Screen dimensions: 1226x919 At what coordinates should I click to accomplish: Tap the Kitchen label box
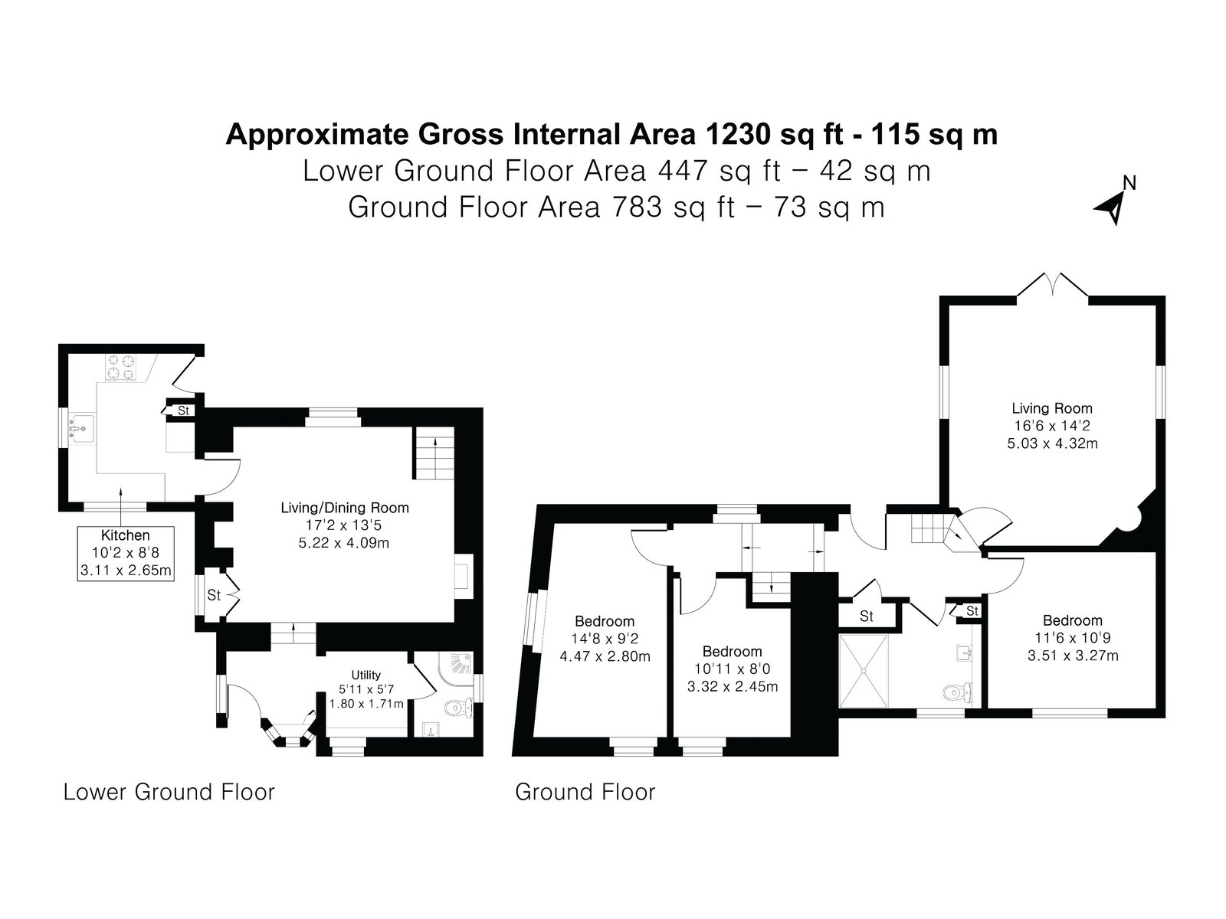[x=126, y=553]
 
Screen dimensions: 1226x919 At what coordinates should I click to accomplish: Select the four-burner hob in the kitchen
[x=120, y=367]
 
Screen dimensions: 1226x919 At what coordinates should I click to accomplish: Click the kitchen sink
[x=81, y=429]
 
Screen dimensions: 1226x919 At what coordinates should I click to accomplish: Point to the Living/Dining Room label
[x=345, y=508]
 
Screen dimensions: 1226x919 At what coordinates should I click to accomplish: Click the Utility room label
[x=366, y=675]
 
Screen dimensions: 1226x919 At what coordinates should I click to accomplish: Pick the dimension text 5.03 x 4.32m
[x=1052, y=443]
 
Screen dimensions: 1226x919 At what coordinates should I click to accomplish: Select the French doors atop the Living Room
[x=1052, y=285]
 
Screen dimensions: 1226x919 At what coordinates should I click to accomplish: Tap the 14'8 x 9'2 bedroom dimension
[x=605, y=639]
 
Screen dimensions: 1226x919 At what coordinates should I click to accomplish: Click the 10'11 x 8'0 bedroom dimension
[x=733, y=669]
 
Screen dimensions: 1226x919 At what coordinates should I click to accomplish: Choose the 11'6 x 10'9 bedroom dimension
[x=1073, y=638]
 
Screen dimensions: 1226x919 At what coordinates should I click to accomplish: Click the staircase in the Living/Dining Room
[x=434, y=453]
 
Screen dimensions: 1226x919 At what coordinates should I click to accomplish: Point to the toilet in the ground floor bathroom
[x=957, y=692]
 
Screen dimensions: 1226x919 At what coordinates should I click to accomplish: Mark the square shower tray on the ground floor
[x=864, y=672]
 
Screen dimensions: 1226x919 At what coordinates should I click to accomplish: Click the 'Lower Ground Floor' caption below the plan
[x=169, y=793]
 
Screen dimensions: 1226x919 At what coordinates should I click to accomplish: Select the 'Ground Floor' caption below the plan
[x=585, y=793]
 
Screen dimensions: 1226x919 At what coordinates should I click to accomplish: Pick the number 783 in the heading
[x=637, y=207]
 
